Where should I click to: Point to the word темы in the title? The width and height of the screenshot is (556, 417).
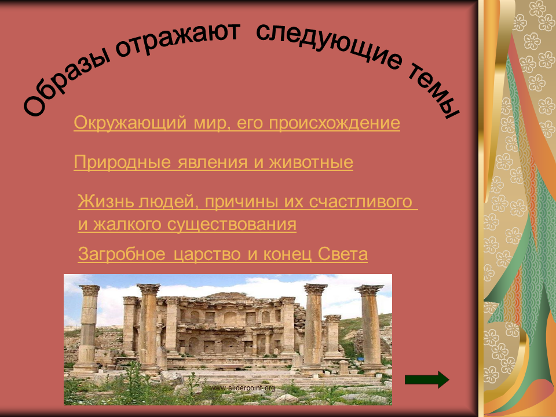tap(433, 90)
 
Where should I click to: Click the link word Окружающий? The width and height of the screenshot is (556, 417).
tap(130, 123)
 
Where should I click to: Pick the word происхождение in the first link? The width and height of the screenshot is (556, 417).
tap(334, 123)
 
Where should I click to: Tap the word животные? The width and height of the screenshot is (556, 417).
tap(311, 162)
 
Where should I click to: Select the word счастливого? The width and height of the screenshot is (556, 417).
tap(360, 202)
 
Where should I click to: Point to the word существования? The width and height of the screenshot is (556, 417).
tap(232, 225)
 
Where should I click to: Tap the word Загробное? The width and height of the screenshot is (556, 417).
tap(122, 254)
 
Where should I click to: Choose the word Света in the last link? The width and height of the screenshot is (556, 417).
tap(342, 254)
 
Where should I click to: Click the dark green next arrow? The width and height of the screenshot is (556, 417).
tap(427, 380)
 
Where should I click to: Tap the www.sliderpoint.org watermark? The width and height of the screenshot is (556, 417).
tap(242, 388)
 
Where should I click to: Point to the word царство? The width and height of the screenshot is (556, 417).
tap(206, 255)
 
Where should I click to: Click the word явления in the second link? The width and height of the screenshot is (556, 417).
tap(213, 162)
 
